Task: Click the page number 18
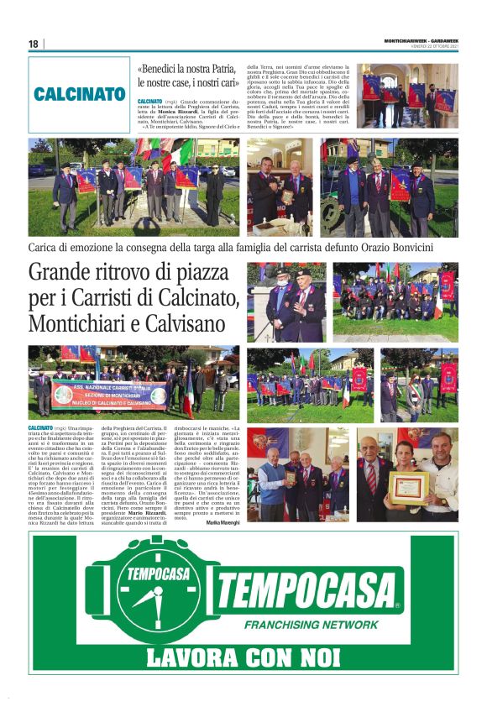click(x=33, y=44)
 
